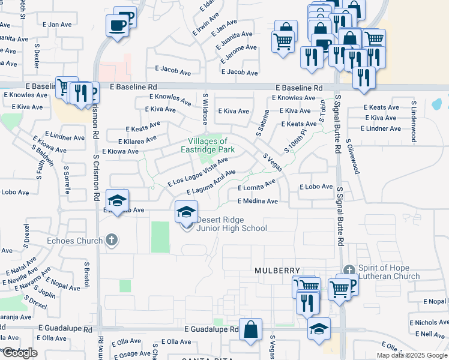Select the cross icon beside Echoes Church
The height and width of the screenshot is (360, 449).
(x=110, y=241)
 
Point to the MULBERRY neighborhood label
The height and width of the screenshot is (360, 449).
(x=276, y=271)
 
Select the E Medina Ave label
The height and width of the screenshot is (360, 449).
(x=258, y=202)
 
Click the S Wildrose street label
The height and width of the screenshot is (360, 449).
(x=205, y=109)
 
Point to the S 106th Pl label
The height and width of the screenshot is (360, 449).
(x=295, y=140)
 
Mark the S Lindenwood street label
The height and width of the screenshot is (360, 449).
(x=414, y=121)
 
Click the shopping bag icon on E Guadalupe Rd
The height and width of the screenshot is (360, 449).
(x=250, y=329)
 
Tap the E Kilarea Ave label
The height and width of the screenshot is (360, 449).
(x=137, y=140)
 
